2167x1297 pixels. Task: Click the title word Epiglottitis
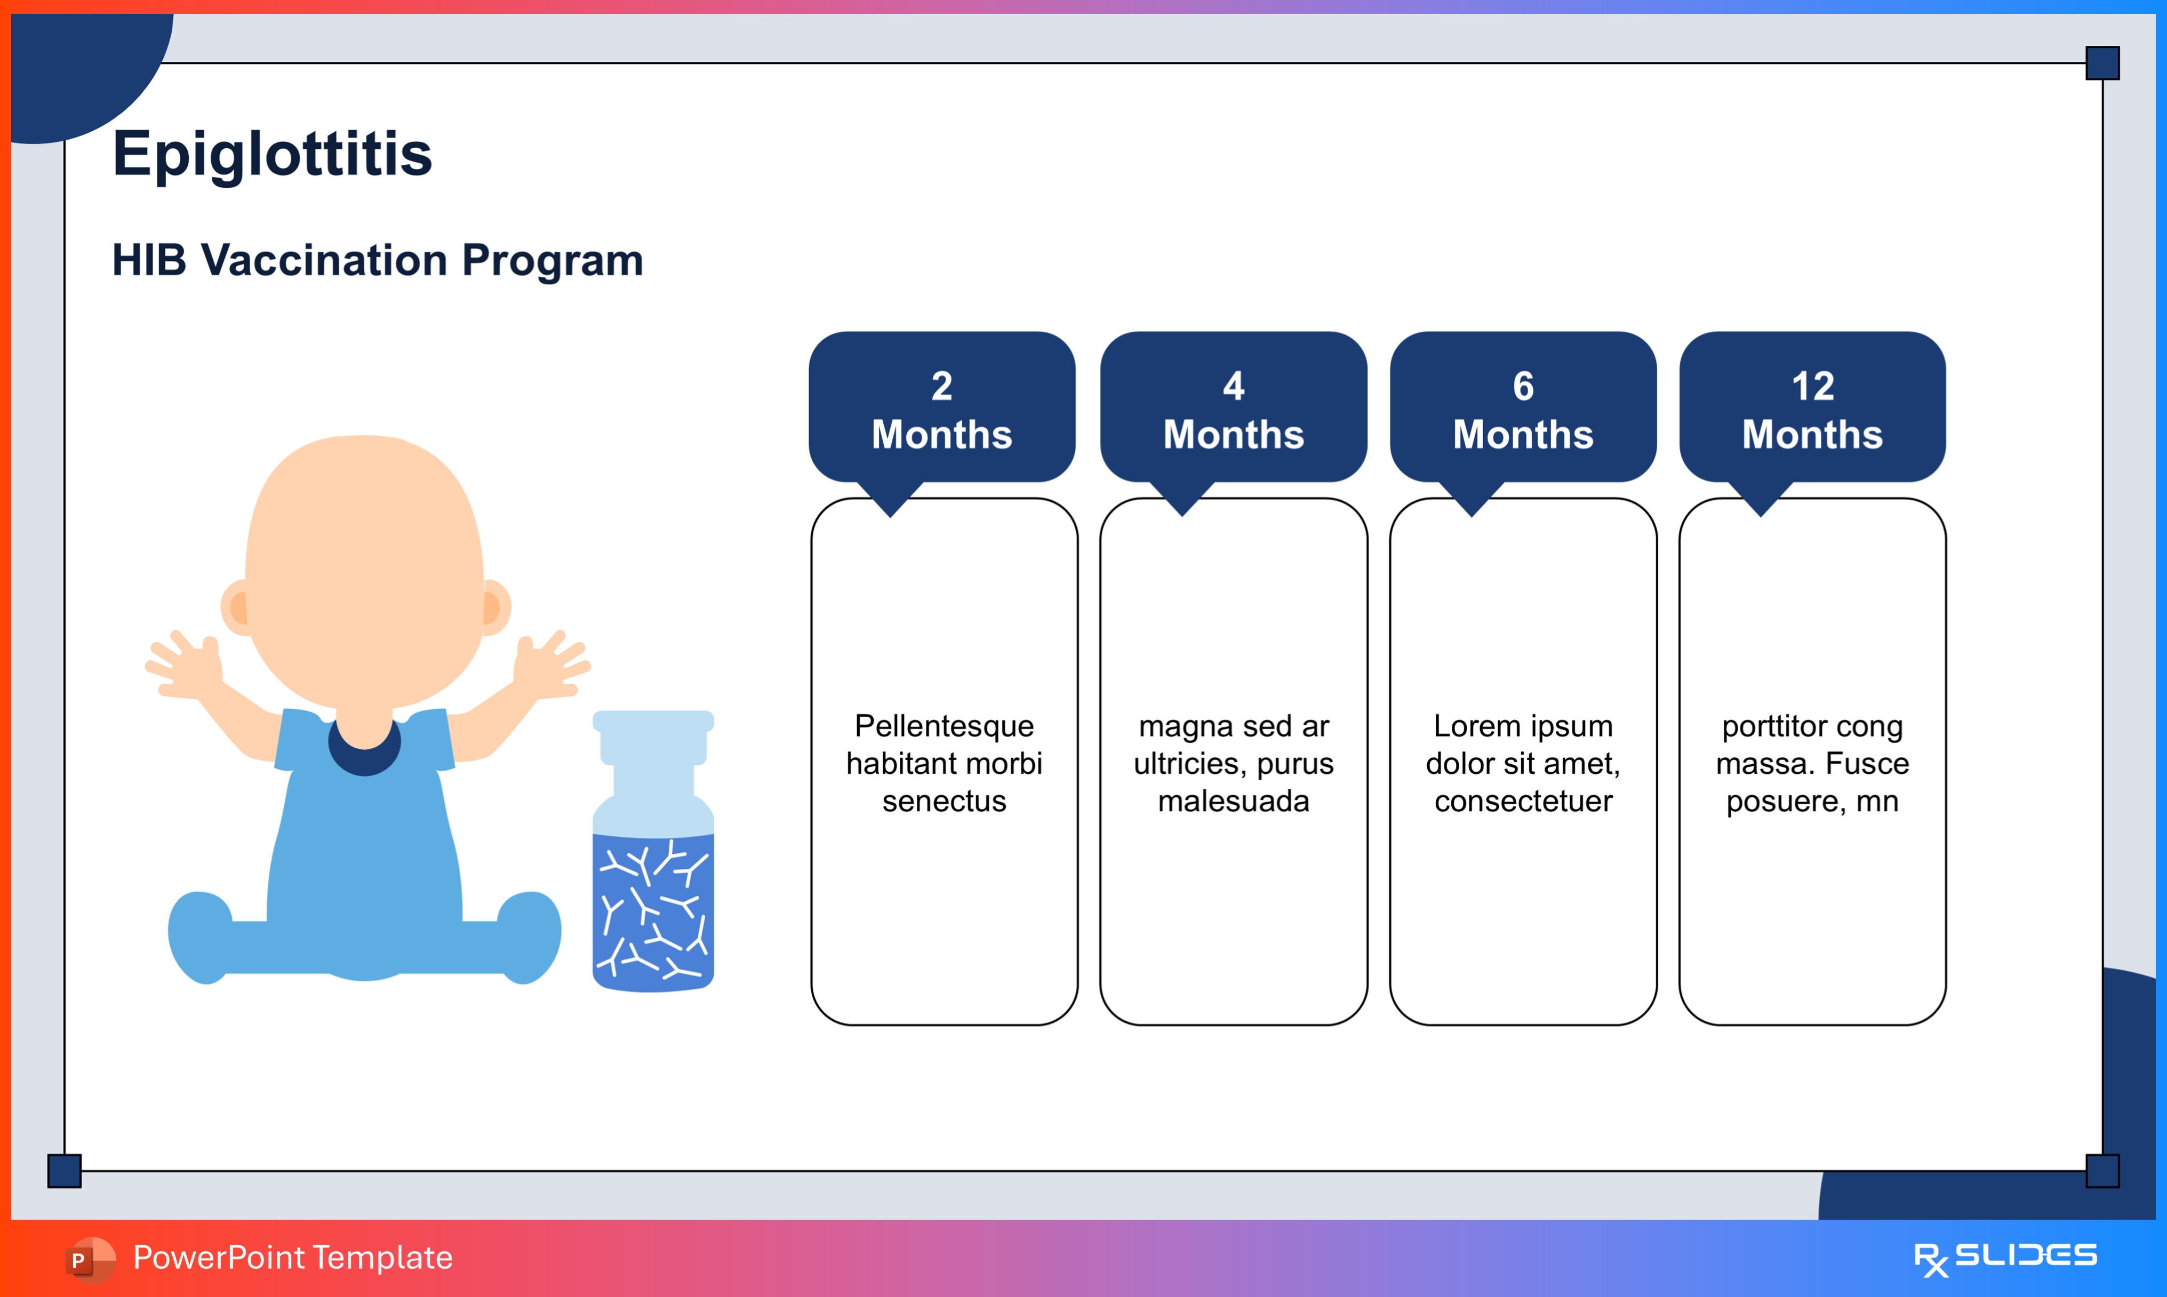pos(272,154)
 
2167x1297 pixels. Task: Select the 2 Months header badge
pos(942,409)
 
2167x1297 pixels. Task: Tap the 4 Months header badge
pos(1233,409)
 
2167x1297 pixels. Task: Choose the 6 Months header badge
pos(1523,409)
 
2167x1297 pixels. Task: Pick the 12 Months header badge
pos(1812,409)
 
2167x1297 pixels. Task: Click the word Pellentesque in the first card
pos(943,726)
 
